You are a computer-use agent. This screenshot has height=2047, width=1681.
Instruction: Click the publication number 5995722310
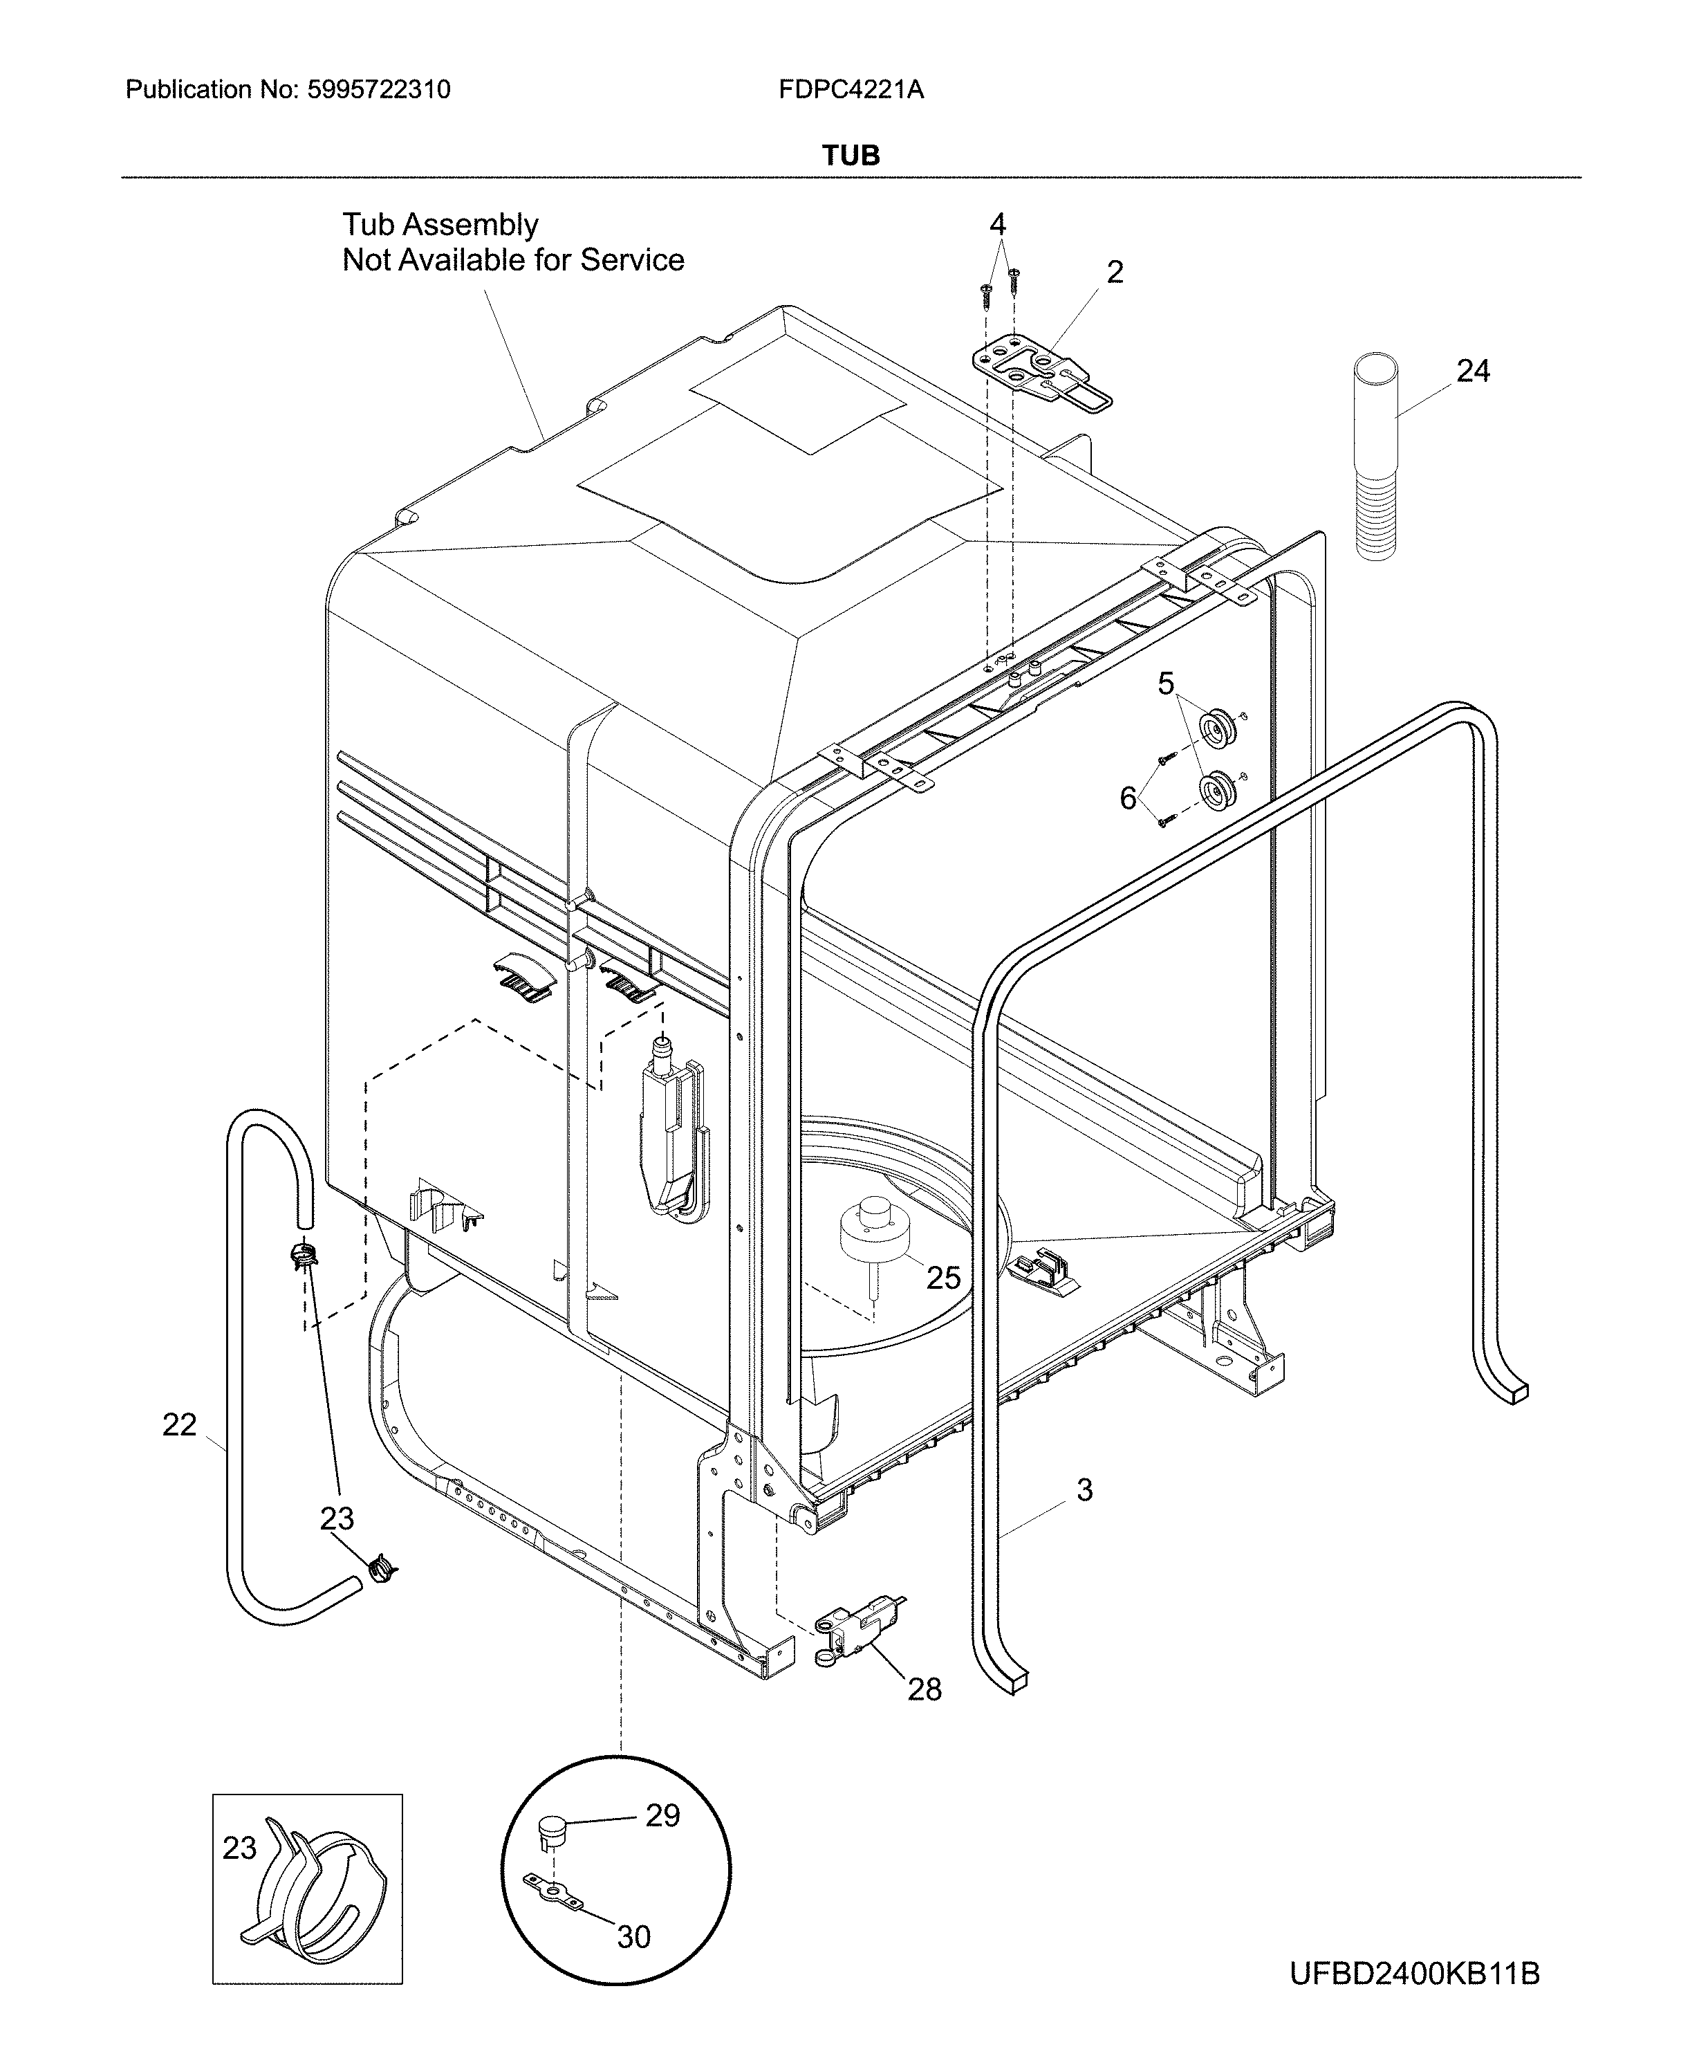[x=379, y=90]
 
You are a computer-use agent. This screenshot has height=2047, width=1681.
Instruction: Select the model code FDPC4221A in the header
[x=851, y=90]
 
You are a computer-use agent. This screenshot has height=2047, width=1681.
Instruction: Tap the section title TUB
[x=851, y=155]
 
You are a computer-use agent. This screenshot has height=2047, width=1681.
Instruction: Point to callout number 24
[x=1472, y=370]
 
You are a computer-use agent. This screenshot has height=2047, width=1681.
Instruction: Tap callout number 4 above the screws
[x=997, y=225]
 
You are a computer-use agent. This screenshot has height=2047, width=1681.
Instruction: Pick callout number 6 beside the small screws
[x=1128, y=798]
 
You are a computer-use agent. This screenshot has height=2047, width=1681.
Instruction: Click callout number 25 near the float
[x=942, y=1278]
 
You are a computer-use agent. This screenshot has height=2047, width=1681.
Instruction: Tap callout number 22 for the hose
[x=179, y=1424]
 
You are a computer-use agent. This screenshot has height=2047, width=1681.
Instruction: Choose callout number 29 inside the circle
[x=662, y=1815]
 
